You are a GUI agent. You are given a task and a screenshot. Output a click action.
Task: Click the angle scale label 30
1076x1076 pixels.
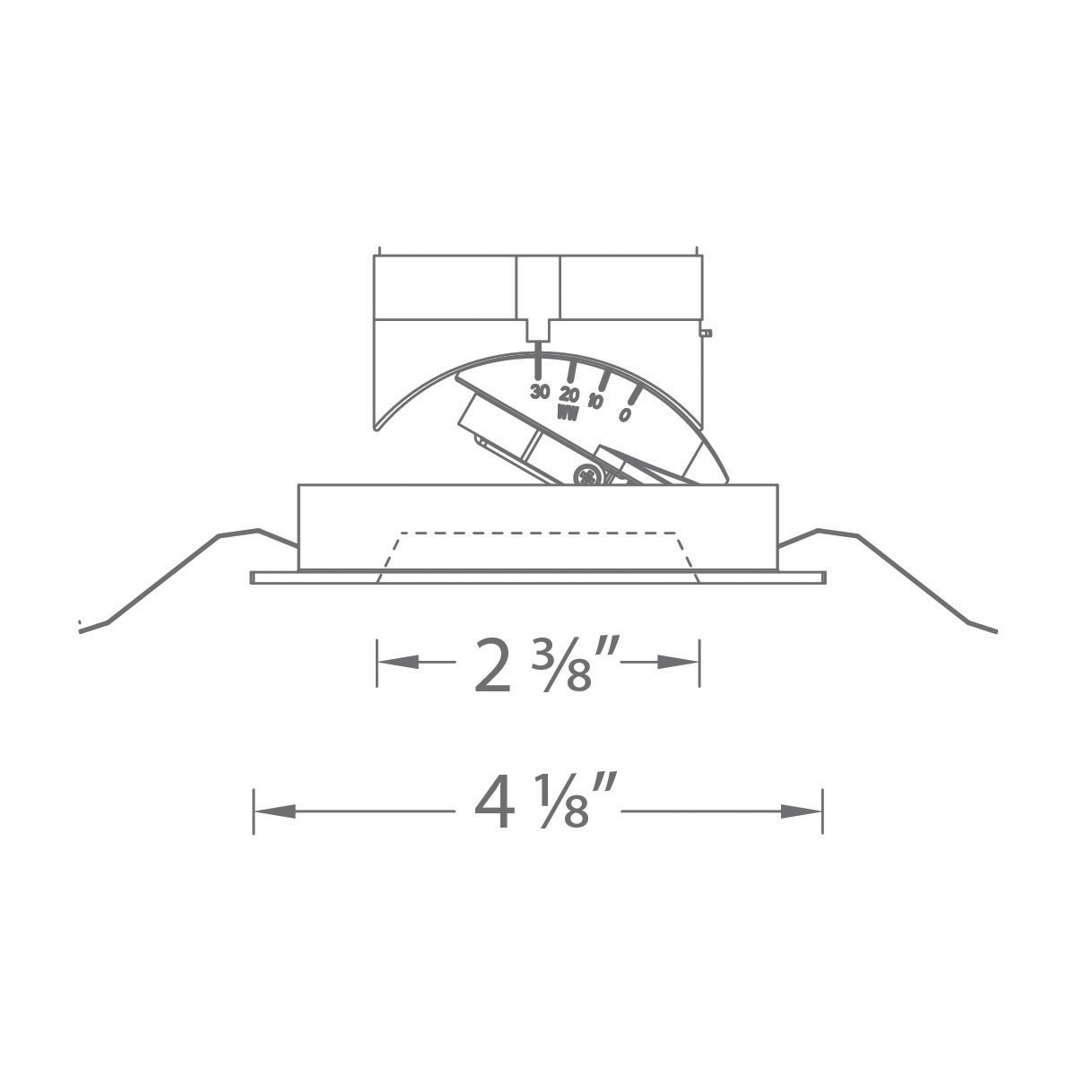(x=539, y=391)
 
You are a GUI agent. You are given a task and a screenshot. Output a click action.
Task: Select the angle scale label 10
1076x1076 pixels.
(x=594, y=401)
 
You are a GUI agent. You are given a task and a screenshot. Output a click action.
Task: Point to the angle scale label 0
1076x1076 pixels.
(x=624, y=414)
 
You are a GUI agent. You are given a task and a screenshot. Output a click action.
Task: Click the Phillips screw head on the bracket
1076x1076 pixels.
(x=588, y=477)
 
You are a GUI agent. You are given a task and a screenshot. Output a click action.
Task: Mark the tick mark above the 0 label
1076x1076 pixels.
(x=634, y=395)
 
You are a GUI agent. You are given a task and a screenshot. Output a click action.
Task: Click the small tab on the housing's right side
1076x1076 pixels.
(x=707, y=333)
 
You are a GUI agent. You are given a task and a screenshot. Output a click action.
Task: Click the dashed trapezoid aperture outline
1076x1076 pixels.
(x=538, y=534)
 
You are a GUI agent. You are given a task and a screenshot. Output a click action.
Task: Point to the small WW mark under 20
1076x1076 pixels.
(x=567, y=412)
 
